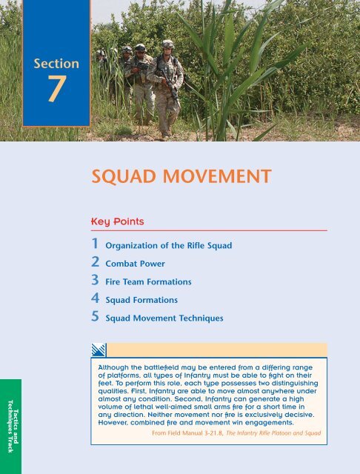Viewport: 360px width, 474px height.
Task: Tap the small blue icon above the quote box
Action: click(x=99, y=350)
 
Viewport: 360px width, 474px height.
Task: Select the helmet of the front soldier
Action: click(x=168, y=44)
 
